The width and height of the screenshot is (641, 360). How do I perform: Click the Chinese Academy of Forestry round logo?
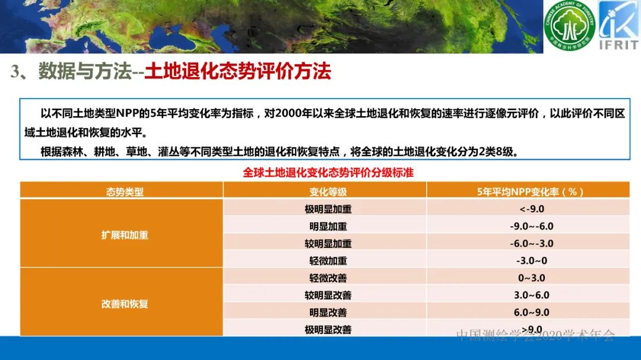570,27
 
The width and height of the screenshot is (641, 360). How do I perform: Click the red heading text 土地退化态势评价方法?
237,72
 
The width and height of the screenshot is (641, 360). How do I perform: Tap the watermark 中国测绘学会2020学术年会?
535,335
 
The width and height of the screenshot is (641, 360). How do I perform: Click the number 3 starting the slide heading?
15,72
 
